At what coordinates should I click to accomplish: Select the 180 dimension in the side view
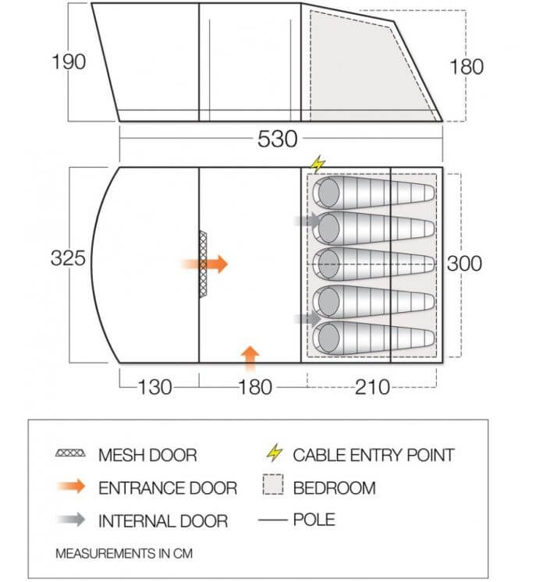466,66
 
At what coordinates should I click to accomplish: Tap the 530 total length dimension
278,140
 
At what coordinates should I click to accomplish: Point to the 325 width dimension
68,258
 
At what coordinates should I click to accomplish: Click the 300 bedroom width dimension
463,264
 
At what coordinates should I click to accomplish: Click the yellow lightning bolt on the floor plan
317,165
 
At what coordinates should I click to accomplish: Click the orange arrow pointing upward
250,357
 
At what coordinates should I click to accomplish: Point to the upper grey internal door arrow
308,221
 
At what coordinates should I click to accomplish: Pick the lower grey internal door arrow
308,318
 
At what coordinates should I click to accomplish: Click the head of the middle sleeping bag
328,264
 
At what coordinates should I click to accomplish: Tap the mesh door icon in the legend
71,454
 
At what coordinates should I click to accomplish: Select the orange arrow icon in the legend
71,488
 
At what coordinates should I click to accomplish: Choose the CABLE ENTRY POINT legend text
373,454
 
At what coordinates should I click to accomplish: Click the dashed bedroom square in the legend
272,488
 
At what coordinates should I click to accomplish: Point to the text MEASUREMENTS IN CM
123,553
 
